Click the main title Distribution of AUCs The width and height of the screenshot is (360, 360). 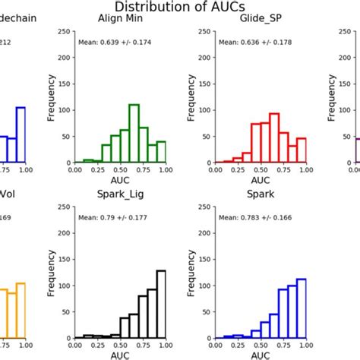click(179, 8)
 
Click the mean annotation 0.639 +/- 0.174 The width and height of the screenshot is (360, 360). click(115, 43)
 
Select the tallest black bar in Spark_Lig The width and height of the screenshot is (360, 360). click(161, 303)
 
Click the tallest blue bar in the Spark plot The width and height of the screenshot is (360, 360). click(301, 308)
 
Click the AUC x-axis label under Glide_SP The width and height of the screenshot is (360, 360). click(261, 181)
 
